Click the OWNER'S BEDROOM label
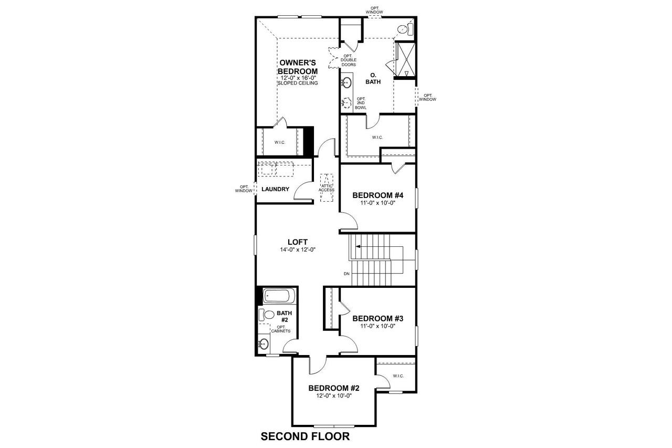[298, 67]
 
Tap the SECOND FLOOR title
[305, 436]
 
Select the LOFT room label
[298, 242]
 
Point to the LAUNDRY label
[275, 189]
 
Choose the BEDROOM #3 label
[377, 318]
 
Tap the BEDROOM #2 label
[334, 388]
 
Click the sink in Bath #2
[264, 345]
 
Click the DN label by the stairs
[346, 274]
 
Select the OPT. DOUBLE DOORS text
[348, 60]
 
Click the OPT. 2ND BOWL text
[361, 103]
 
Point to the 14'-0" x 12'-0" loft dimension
[298, 250]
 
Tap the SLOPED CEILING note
[298, 83]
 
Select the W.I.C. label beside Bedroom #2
[397, 376]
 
